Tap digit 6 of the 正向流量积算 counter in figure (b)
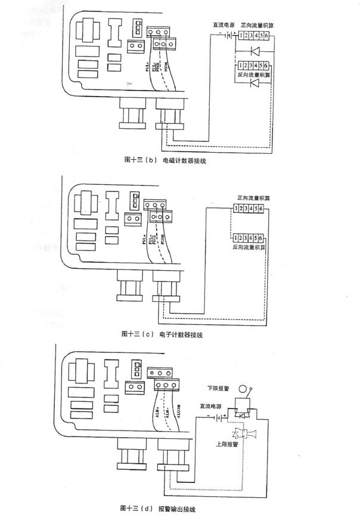tap(266, 36)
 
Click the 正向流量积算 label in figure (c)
tap(252, 197)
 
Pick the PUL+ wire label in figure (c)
tap(145, 240)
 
